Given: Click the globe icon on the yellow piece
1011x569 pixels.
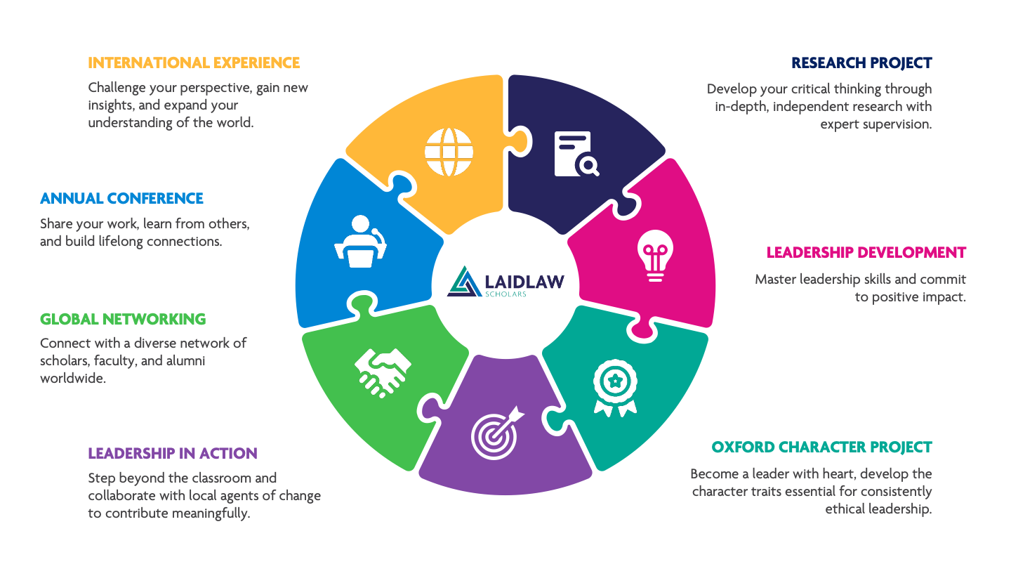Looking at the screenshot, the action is tap(449, 151).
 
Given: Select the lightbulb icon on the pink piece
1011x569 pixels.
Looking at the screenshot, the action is tap(655, 256).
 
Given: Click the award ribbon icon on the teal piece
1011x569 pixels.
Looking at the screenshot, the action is tap(615, 388).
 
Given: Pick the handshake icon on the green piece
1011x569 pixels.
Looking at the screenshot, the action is tap(383, 372).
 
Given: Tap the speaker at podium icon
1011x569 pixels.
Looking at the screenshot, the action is tap(359, 242).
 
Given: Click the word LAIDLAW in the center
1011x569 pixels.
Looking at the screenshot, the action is tap(524, 281).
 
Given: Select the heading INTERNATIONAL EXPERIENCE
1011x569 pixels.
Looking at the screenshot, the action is tap(194, 63).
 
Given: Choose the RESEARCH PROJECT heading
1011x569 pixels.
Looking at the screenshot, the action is tap(861, 63).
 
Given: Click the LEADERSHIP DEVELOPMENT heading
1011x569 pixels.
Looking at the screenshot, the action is tap(866, 253).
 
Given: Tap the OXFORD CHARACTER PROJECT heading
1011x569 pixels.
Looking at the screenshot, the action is tap(821, 447).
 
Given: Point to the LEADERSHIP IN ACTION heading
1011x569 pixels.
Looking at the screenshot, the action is tap(173, 454).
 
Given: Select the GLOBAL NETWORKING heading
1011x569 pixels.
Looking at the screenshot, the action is tap(123, 320).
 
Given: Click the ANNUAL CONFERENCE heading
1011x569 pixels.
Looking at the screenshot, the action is tap(121, 199).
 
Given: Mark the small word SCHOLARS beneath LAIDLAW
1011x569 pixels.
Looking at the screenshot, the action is tap(505, 294).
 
